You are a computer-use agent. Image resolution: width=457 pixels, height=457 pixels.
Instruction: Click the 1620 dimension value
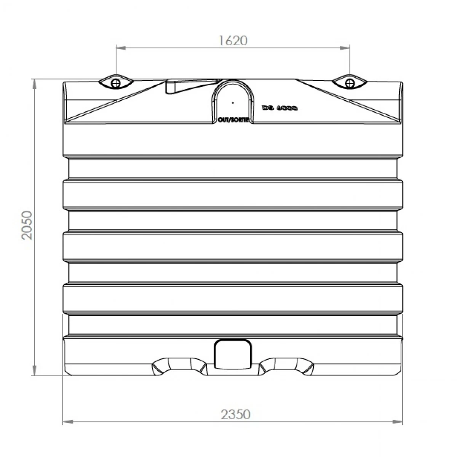coord(233,40)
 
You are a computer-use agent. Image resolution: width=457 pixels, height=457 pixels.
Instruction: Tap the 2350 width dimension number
coord(236,414)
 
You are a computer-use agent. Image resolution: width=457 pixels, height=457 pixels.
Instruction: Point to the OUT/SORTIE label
coord(233,120)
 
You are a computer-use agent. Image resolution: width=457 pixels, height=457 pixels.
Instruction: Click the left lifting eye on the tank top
coord(116,82)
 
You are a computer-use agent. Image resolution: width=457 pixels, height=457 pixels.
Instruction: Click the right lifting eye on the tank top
coord(349,82)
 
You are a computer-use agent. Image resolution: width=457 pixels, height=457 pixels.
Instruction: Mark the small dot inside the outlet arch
coord(233,102)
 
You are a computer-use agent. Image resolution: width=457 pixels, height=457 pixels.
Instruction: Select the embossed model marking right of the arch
coord(280,108)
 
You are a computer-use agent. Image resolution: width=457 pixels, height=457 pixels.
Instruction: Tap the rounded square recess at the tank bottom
coord(233,354)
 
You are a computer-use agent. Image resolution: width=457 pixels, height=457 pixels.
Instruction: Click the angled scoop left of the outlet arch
coord(179,87)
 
